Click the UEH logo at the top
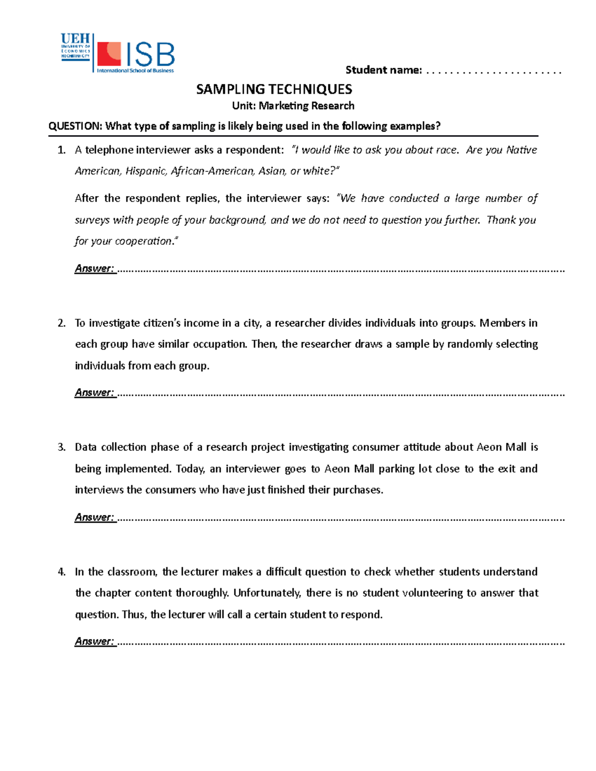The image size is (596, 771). tap(75, 46)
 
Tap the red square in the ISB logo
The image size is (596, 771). tap(109, 54)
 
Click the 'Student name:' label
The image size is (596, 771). tap(383, 70)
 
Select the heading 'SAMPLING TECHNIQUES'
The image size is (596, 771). tap(274, 89)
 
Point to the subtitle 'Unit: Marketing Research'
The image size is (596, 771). tap(293, 106)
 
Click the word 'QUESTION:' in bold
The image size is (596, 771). tap(74, 126)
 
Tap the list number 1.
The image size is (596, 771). tap(62, 150)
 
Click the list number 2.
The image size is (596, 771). tap(62, 323)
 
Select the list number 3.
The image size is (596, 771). tap(62, 447)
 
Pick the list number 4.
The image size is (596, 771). tap(62, 572)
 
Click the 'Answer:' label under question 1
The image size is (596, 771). tap(94, 269)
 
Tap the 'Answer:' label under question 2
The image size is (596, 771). tap(94, 393)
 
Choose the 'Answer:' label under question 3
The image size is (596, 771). tap(94, 517)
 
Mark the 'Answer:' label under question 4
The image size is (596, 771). tap(94, 641)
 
